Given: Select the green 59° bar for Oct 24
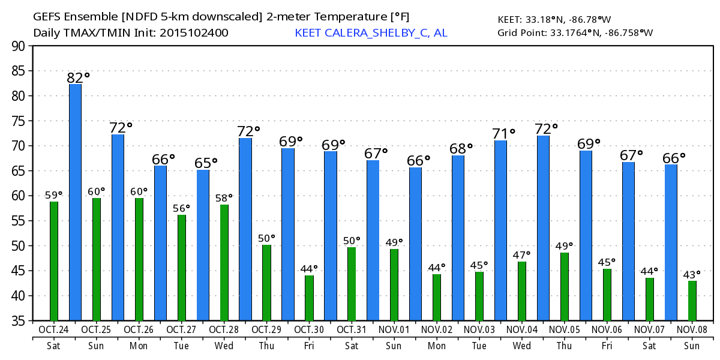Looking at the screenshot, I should coord(54,261).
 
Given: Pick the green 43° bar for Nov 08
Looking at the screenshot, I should coord(692,301).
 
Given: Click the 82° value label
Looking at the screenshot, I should coord(78,77).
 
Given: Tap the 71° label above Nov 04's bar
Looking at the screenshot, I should coord(504,133).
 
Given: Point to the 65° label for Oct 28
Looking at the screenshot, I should coord(206,163).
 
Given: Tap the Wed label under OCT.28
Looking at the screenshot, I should coord(224,346).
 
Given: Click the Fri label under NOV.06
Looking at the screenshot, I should coord(607,346).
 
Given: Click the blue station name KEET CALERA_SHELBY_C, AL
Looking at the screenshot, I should coord(371,33).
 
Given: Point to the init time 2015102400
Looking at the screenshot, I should coord(194,33).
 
